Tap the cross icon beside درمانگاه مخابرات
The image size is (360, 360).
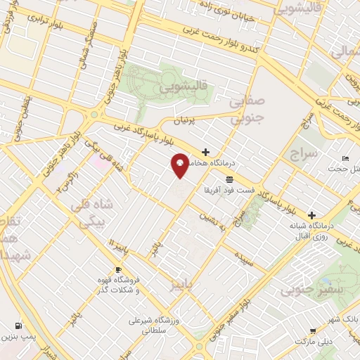click(205, 152)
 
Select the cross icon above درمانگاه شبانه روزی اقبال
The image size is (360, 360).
click(311, 215)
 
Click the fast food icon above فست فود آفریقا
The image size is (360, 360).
click(230, 180)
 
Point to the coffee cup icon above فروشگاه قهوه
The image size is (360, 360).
click(118, 270)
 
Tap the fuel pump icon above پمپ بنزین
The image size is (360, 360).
click(18, 326)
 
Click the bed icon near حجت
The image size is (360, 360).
click(345, 158)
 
